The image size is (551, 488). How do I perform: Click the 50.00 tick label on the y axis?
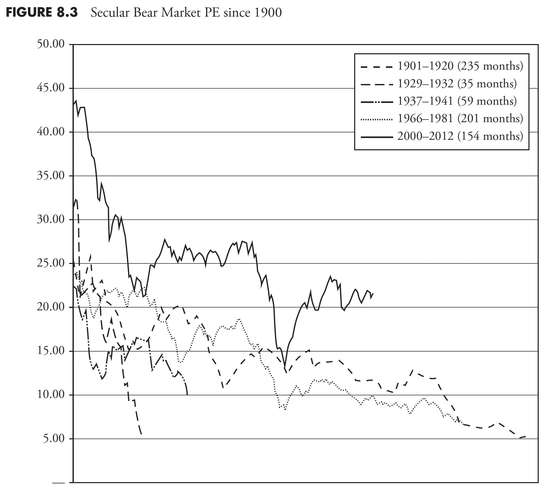(51, 44)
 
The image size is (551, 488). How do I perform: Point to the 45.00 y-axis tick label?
(51, 88)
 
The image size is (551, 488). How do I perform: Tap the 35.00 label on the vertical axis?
(51, 176)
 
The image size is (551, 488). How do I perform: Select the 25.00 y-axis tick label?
(51, 263)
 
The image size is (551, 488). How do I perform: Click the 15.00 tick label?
(51, 351)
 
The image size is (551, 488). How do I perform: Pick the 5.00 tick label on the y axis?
(54, 438)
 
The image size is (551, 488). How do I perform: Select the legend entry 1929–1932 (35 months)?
(457, 83)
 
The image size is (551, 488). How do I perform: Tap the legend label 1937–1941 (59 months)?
(457, 101)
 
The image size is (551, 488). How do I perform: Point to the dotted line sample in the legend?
(376, 119)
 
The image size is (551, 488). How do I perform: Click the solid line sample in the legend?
(376, 137)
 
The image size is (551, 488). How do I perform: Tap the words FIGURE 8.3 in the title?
(42, 12)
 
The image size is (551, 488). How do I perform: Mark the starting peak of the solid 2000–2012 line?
(76, 101)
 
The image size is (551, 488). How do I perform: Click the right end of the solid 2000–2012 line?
(373, 294)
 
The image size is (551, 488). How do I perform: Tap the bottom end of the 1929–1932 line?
(141, 434)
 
